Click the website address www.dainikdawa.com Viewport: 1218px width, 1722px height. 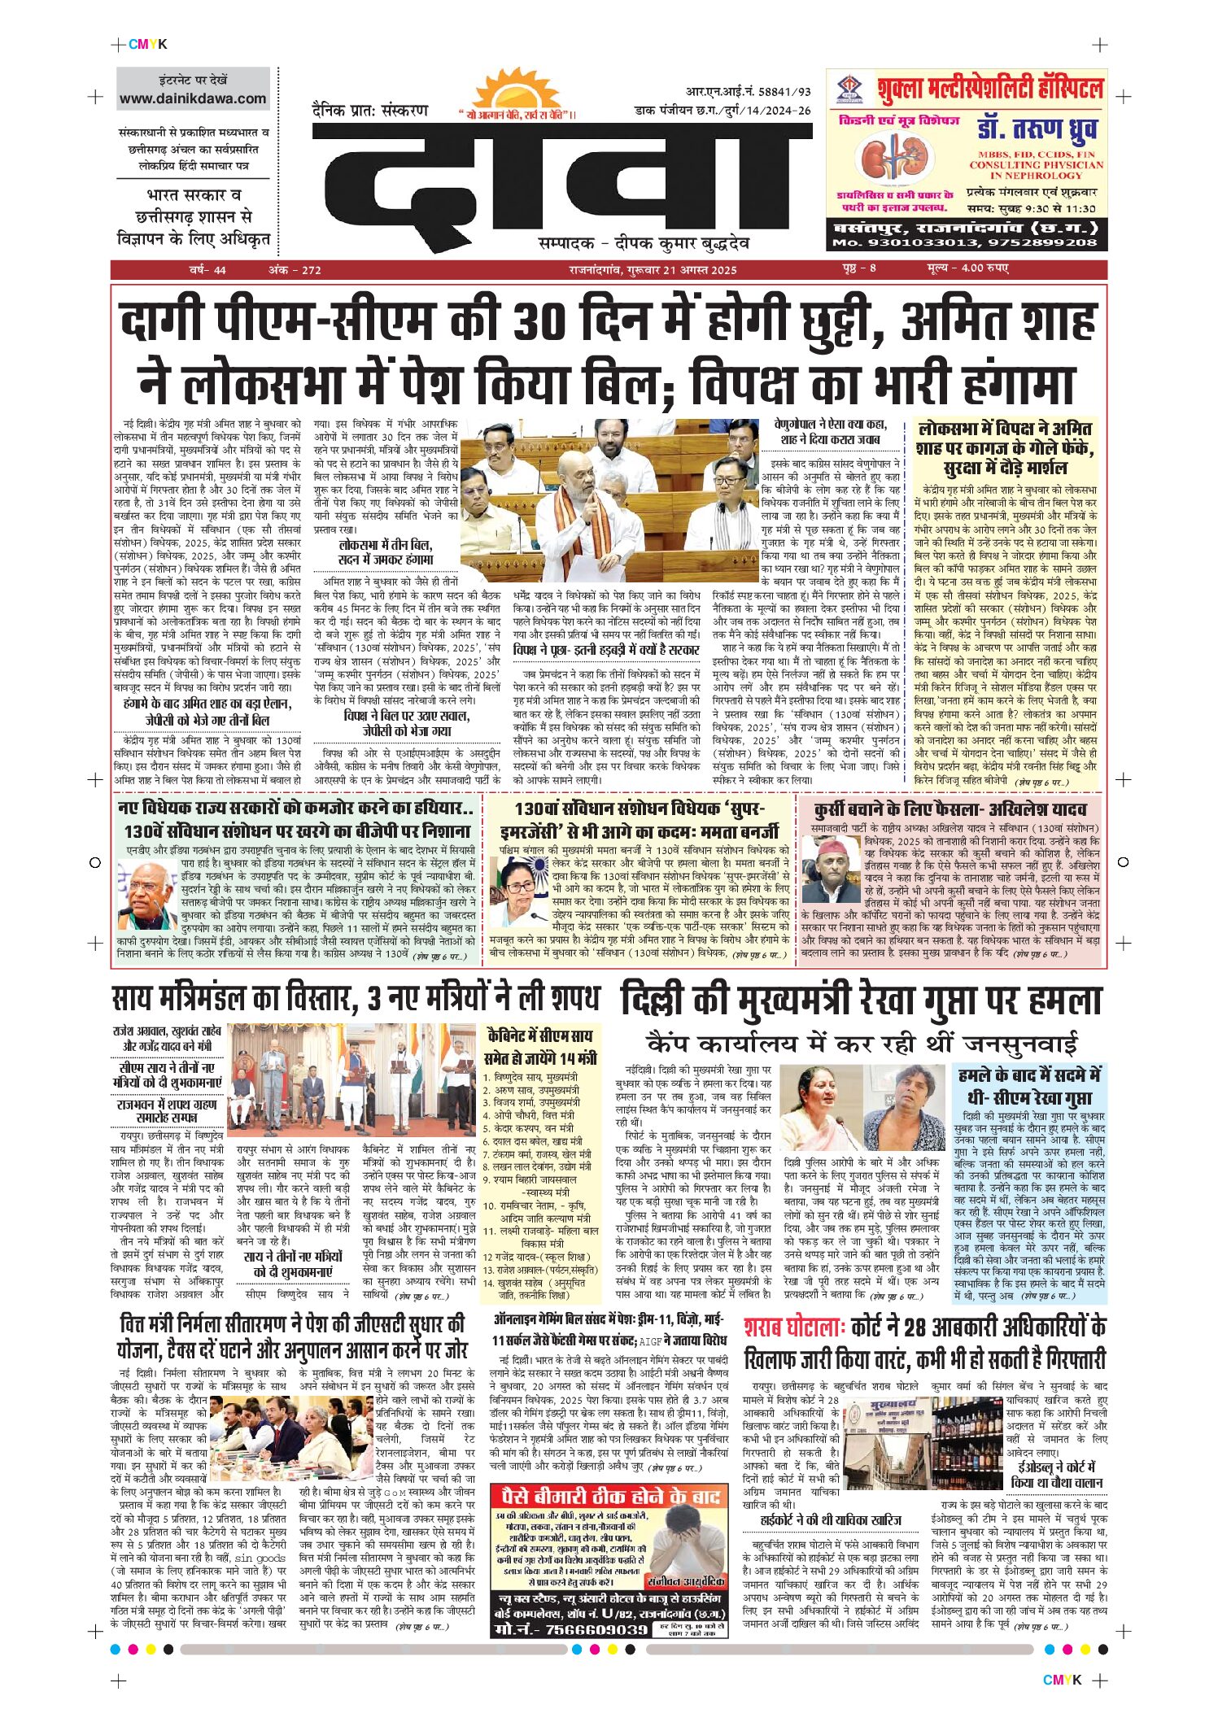[193, 99]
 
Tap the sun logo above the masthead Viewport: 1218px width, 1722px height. [517, 94]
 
